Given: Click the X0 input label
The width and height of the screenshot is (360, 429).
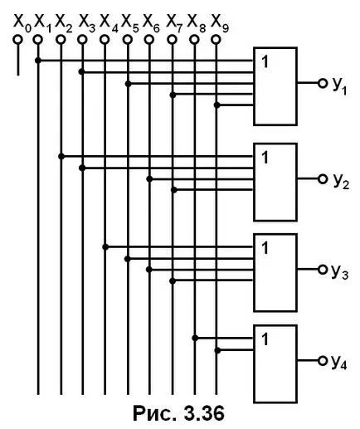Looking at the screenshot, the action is click(x=22, y=23).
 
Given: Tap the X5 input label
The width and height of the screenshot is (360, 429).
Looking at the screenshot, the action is click(x=130, y=23).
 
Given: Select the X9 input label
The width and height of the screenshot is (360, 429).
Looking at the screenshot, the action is click(x=220, y=23).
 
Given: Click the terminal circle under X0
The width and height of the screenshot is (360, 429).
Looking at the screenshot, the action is click(x=17, y=40).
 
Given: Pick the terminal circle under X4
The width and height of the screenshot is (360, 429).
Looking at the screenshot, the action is click(x=105, y=40).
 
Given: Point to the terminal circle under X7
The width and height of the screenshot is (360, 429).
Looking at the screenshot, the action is click(x=172, y=40).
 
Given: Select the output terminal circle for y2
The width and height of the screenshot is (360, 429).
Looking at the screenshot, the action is click(x=323, y=179).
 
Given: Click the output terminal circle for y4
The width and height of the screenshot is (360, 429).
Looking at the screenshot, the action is click(x=323, y=360).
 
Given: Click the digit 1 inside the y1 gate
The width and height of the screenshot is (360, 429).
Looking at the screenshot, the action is click(x=265, y=61).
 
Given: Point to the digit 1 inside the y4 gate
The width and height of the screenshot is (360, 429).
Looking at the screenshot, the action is click(x=265, y=339).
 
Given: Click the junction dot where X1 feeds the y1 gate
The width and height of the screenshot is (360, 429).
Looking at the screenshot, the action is click(x=38, y=61).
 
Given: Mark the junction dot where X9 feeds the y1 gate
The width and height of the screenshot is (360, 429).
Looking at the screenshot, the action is click(x=217, y=105).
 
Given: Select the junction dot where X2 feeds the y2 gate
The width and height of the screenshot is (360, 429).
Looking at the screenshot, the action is click(x=61, y=157).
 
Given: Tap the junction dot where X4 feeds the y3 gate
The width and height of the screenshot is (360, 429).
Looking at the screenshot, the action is click(x=105, y=246).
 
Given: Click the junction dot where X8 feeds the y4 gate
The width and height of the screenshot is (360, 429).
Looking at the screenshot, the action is click(x=195, y=338).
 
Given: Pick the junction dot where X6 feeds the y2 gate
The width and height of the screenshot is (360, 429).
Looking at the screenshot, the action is click(x=149, y=179).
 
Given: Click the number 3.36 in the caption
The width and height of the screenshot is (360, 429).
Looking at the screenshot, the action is click(x=203, y=413).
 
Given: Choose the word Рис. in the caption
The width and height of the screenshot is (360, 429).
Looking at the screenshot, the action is click(x=155, y=413).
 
